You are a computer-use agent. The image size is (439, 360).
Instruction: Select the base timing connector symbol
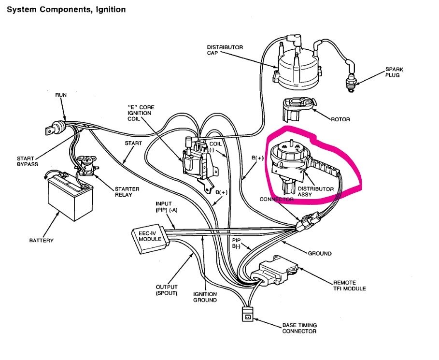tap(247, 315)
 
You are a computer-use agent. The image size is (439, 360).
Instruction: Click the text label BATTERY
tap(41, 240)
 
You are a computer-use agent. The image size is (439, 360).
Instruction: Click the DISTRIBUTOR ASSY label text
tap(315, 192)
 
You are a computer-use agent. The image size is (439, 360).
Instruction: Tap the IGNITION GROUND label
tap(205, 297)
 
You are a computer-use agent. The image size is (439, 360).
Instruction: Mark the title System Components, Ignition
tap(65, 9)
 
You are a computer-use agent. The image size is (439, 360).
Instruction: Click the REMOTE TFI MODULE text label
tap(349, 286)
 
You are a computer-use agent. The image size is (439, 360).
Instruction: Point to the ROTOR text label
tap(341, 119)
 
